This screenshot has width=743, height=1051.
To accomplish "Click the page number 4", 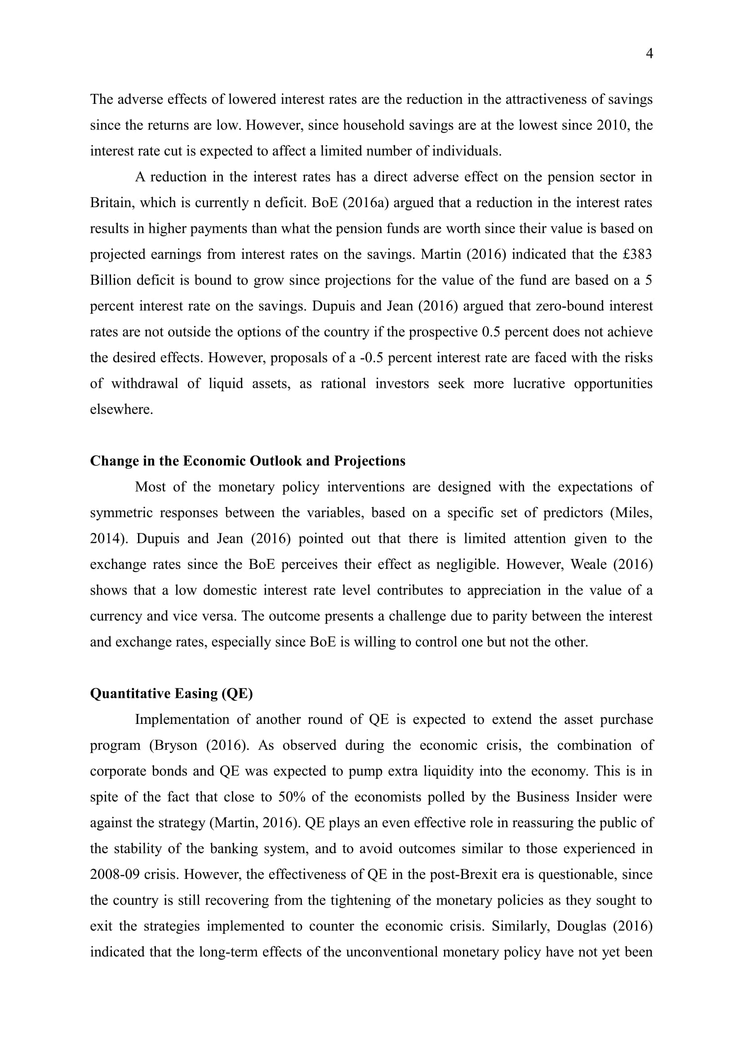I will pyautogui.click(x=649, y=54).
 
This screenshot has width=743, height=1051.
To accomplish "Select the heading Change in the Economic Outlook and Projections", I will pyautogui.click(x=248, y=461).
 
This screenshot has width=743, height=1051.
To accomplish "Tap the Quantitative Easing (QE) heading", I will pyautogui.click(x=171, y=693).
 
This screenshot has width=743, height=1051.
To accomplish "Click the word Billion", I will pyautogui.click(x=110, y=280).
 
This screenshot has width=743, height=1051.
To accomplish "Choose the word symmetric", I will pyautogui.click(x=121, y=513).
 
